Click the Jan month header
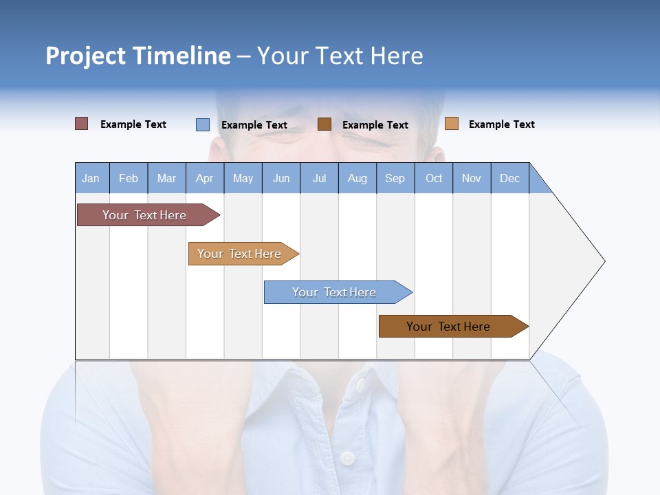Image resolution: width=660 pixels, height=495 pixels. point(91,178)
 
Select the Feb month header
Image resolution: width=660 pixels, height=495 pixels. point(129,178)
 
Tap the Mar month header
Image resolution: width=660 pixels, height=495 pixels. point(166,178)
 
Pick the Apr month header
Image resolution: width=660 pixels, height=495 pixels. point(205,178)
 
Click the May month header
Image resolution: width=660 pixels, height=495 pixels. point(243,178)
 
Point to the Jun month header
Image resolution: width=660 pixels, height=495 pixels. point(281,178)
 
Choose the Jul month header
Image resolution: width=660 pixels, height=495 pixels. point(319,178)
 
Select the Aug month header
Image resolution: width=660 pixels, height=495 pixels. point(357,178)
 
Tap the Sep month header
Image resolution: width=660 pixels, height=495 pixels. point(395,178)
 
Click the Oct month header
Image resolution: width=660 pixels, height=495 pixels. point(434,178)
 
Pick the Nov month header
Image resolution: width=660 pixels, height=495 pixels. point(472,178)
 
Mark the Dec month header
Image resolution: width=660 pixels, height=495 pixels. point(510,178)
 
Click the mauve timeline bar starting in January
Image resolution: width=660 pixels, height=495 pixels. point(145,215)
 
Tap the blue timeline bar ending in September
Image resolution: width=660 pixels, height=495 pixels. point(335,292)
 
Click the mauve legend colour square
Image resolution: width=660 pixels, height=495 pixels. point(82,124)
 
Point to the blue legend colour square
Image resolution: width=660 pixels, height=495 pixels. point(203,124)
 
